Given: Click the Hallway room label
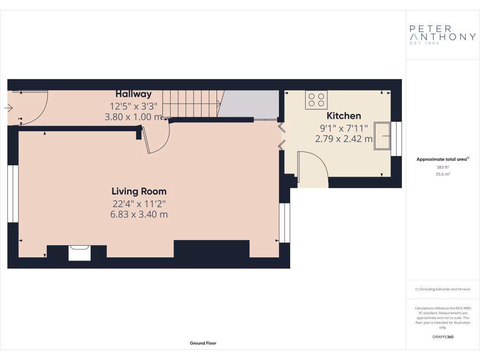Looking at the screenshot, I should click(x=134, y=94).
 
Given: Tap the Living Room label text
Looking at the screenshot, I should click(x=139, y=191).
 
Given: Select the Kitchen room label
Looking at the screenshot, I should click(x=344, y=116).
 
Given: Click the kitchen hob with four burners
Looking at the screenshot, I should click(x=316, y=100).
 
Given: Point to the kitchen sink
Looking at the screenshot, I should click(x=382, y=136).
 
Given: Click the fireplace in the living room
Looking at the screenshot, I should click(x=79, y=252).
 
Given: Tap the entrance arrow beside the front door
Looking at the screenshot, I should click(x=8, y=108).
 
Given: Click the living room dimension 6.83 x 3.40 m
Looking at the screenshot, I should click(x=139, y=215).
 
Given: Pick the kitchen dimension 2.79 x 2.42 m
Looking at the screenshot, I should click(x=344, y=139).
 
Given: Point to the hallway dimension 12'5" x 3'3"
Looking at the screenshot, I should click(x=134, y=106).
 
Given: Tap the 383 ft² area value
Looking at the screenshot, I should click(x=442, y=167).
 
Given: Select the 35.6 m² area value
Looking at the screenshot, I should click(x=442, y=174).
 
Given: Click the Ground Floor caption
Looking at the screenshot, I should click(x=203, y=343).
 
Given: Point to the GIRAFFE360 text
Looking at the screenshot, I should click(x=442, y=337).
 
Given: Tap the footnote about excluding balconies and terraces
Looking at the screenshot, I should click(x=442, y=289).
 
